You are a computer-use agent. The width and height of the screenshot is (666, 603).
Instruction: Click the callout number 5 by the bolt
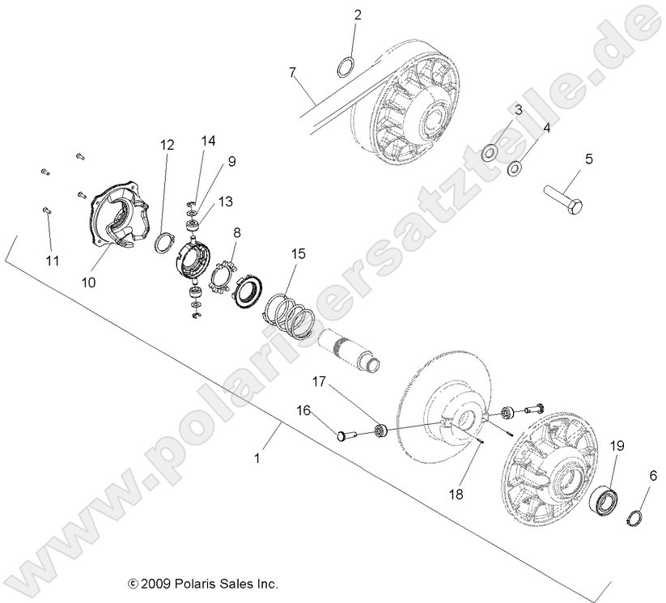tap(588, 159)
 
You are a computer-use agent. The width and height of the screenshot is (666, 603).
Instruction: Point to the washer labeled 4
tap(514, 168)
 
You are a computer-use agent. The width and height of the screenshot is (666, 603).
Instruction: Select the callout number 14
tap(209, 141)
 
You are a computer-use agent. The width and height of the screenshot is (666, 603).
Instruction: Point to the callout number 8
tap(237, 233)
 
